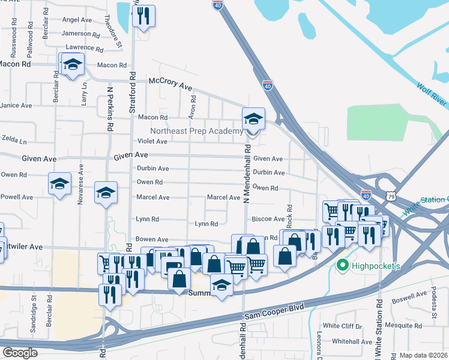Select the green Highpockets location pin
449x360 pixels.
(x=343, y=265)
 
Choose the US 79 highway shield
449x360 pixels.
(x=391, y=196)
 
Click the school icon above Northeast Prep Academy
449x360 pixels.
(x=253, y=119)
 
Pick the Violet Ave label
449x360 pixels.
(x=153, y=142)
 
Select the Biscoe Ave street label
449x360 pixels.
(x=268, y=220)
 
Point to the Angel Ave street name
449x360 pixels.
(x=77, y=20)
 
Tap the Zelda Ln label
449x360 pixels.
(x=14, y=142)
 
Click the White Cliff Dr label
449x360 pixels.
(x=343, y=326)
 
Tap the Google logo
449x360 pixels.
(x=20, y=352)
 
